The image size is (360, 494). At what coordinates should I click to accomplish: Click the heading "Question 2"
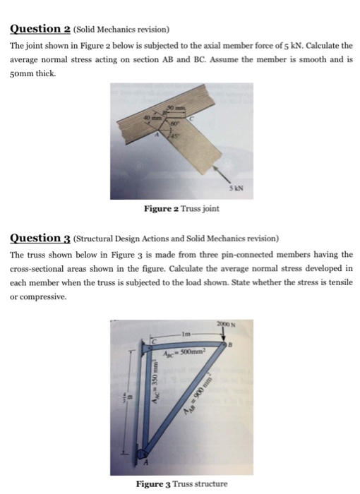[x=43, y=29]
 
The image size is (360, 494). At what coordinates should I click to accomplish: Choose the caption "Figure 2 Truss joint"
[x=181, y=209]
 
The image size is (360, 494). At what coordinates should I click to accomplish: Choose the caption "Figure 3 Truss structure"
[x=181, y=484]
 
